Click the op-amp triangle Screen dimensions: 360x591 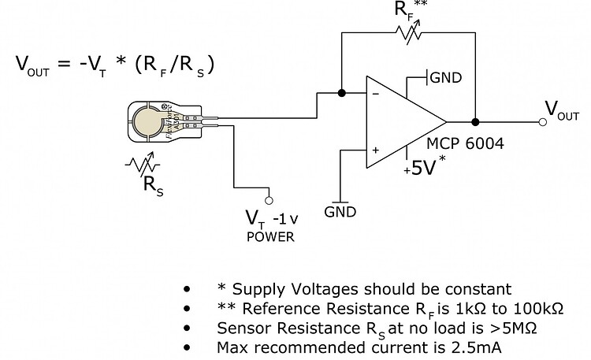click(x=402, y=122)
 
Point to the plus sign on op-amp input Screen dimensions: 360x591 click(x=374, y=148)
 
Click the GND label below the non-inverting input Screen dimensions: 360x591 click(x=340, y=212)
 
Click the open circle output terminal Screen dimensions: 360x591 click(x=542, y=122)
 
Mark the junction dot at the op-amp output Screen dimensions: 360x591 click(x=475, y=122)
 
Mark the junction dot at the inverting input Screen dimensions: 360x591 click(x=341, y=93)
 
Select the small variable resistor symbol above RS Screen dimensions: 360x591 click(x=143, y=166)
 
